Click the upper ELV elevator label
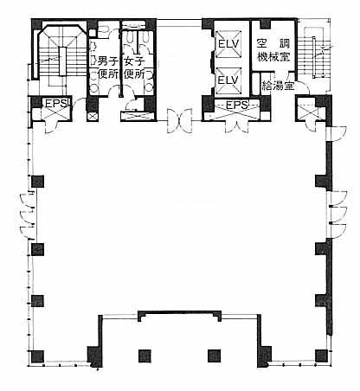click(x=228, y=44)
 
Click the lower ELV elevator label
click(x=228, y=80)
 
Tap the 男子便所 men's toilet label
click(x=108, y=67)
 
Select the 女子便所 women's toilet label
click(x=134, y=67)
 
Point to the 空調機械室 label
click(x=273, y=49)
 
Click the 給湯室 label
click(x=278, y=86)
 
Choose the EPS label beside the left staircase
click(x=56, y=104)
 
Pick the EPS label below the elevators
click(x=237, y=105)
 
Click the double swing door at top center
click(x=179, y=120)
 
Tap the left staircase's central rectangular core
click(x=63, y=61)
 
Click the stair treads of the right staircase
click(x=314, y=57)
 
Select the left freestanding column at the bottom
click(x=145, y=356)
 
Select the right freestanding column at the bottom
click(x=215, y=356)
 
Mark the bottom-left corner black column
click(x=38, y=356)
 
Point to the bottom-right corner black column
click(x=321, y=356)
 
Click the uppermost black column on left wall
click(x=37, y=182)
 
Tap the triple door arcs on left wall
click(x=28, y=216)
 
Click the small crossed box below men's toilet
click(x=93, y=116)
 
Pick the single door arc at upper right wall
click(x=337, y=133)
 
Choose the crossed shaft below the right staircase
click(x=307, y=112)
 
